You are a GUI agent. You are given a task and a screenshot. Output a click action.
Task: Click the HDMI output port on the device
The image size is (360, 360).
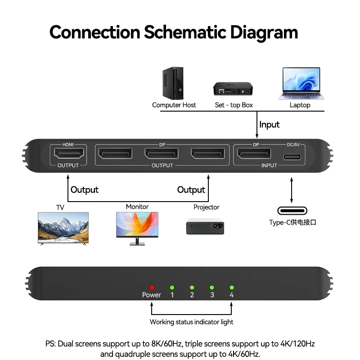click(x=69, y=153)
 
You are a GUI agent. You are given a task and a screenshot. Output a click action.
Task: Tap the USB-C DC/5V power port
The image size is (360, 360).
click(x=292, y=157)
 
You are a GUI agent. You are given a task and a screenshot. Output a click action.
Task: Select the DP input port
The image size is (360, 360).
click(x=254, y=153)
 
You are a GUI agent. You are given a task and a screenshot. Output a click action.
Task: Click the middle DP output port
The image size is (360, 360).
click(x=162, y=153)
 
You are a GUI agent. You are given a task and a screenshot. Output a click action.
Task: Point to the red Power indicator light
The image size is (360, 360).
click(x=152, y=288)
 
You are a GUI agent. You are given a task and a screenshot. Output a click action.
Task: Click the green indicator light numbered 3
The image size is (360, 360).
click(x=212, y=288)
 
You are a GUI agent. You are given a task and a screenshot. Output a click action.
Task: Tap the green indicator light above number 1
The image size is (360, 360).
click(x=172, y=288)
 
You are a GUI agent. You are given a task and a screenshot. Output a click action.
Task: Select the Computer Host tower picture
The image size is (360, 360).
click(x=173, y=83)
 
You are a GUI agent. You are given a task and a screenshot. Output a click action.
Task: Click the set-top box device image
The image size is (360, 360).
click(x=233, y=89)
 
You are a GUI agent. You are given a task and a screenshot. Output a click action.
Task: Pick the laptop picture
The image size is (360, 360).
click(x=301, y=83)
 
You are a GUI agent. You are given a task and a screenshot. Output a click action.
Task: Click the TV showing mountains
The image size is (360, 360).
click(x=63, y=229)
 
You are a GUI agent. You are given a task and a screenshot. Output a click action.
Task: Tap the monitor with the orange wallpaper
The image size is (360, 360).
click(x=137, y=229)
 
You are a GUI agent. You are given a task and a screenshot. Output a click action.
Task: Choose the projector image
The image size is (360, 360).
click(x=205, y=226)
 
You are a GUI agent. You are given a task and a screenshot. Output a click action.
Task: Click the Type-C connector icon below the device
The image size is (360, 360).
click(x=292, y=211)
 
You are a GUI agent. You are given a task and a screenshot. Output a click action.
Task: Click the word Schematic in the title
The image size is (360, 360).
click(x=185, y=32)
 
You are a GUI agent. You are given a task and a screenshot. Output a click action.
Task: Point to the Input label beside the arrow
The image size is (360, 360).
click(x=269, y=125)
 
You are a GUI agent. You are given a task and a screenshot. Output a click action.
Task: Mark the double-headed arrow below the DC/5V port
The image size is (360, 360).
click(x=292, y=190)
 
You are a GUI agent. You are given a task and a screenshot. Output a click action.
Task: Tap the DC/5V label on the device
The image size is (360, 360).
click(x=293, y=144)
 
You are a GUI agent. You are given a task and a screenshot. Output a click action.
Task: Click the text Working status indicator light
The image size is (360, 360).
click(x=192, y=322)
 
